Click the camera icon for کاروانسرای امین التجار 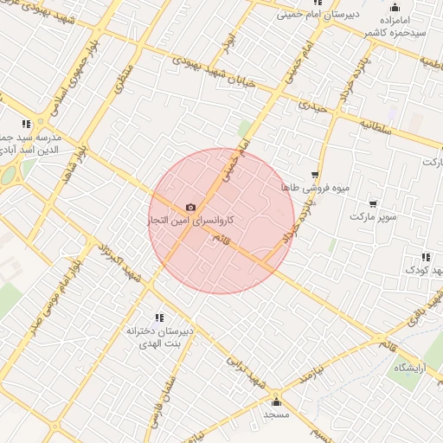190,208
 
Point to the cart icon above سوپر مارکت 373,204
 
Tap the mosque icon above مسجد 276,401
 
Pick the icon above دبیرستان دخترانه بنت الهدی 158,318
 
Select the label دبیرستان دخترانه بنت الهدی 156,337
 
